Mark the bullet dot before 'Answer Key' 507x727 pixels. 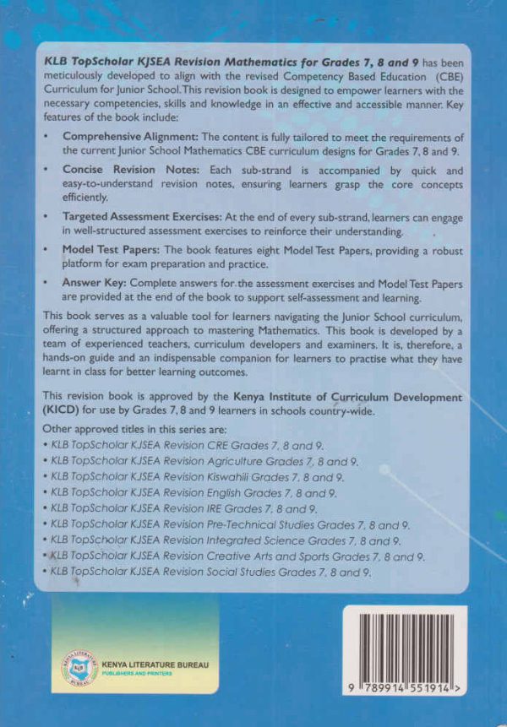click(48, 284)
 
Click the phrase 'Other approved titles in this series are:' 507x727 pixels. click(131, 429)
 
